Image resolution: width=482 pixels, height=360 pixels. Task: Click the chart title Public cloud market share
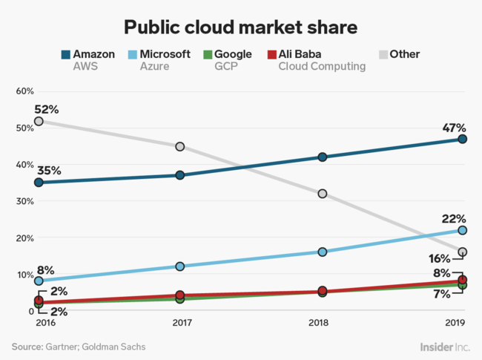coord(240,27)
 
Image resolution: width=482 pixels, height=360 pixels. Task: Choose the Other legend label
coord(404,54)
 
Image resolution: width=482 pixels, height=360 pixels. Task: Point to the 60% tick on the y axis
coord(24,91)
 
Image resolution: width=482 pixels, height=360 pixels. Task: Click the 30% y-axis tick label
coord(24,201)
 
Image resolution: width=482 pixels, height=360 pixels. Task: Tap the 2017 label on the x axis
coord(179,324)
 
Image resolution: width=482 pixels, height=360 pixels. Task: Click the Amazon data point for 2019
coord(462,139)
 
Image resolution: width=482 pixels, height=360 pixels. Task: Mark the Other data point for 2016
coord(39,121)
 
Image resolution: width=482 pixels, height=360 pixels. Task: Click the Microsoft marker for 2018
coord(322,252)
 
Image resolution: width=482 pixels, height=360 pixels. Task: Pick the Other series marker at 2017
coord(179,147)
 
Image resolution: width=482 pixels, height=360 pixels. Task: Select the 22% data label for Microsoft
coord(453,218)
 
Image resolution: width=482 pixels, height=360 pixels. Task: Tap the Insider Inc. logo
coord(445,346)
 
